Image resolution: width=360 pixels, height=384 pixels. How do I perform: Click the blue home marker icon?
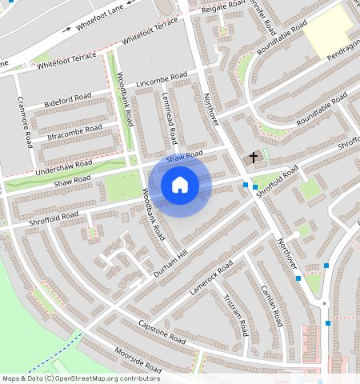click(x=180, y=185)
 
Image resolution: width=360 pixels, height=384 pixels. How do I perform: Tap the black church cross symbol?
click(x=254, y=158)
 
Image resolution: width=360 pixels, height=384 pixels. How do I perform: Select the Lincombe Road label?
click(x=162, y=81)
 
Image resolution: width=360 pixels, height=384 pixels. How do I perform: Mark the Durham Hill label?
click(x=170, y=263)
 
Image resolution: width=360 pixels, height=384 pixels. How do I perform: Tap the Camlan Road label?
click(x=273, y=307)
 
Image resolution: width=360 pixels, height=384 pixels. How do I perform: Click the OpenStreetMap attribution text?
click(x=81, y=378)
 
